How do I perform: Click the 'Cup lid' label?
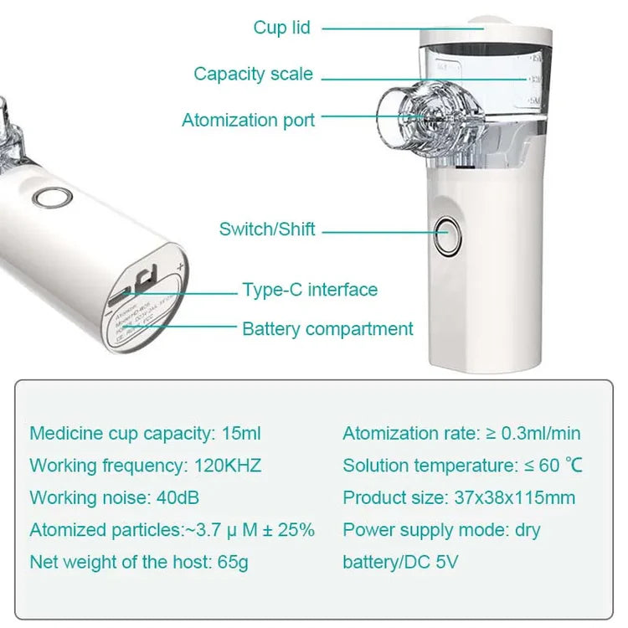point(281,28)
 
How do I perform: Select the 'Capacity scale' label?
point(253,74)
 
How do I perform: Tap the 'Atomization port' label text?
point(248,120)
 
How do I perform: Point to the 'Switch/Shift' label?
point(267,229)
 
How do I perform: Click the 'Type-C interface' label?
point(310,290)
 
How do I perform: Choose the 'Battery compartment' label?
point(327,329)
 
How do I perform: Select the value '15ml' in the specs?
point(242,434)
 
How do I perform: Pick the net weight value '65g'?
point(232,562)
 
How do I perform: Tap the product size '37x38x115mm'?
point(514,497)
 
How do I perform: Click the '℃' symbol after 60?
point(573,466)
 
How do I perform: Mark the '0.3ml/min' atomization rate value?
point(541,434)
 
